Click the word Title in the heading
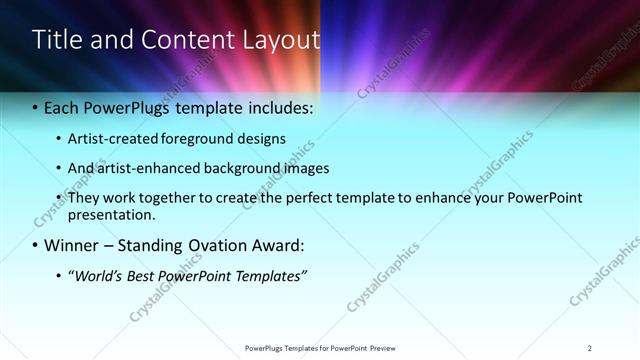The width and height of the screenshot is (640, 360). click(x=54, y=40)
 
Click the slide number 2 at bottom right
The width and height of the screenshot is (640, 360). click(x=590, y=347)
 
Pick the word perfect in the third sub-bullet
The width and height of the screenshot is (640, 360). click(x=277, y=198)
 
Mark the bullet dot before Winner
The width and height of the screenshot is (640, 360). click(x=36, y=245)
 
